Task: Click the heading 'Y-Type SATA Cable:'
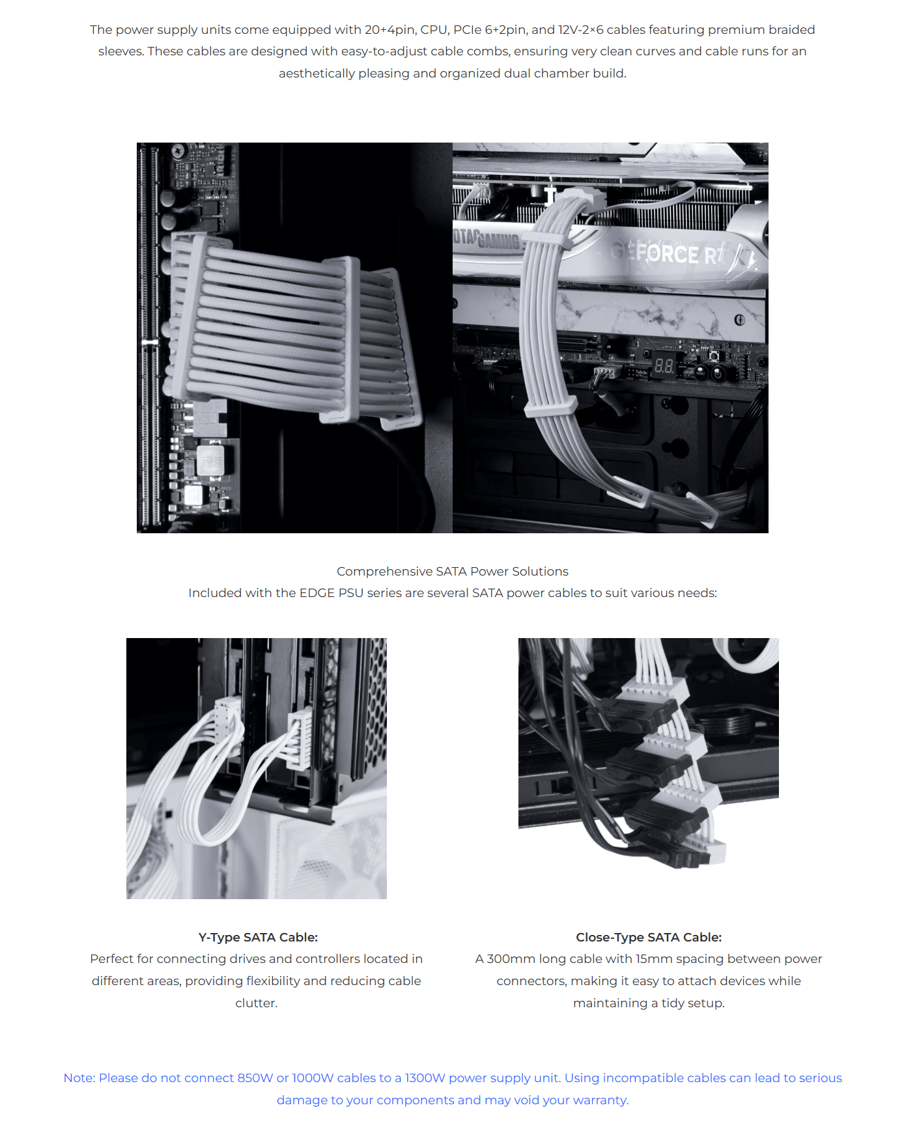[258, 937]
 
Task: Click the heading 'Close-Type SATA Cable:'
[649, 937]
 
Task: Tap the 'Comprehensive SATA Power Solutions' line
[453, 571]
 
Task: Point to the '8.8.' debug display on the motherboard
[664, 366]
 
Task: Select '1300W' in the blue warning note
[425, 1078]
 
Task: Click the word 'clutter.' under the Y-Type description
[257, 1003]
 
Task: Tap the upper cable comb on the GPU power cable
[547, 240]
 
